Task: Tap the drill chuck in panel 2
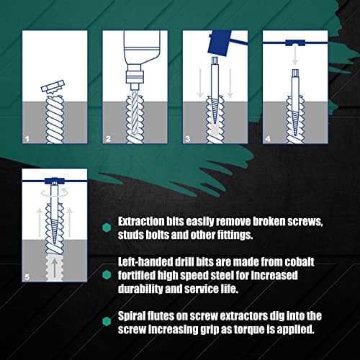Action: pyautogui.click(x=133, y=72)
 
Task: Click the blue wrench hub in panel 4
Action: pyautogui.click(x=294, y=45)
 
